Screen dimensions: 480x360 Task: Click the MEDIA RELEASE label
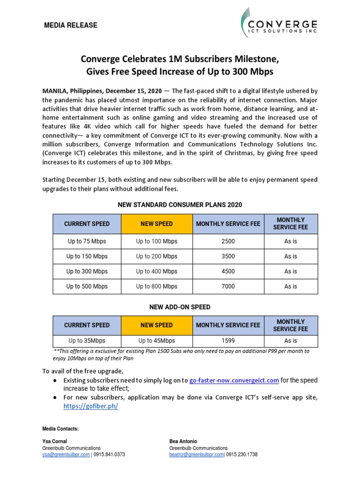coord(70,25)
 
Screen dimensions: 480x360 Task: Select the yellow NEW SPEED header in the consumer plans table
coord(157,224)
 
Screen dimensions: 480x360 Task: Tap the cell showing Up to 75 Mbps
coord(87,241)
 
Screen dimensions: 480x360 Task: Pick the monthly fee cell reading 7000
coord(228,286)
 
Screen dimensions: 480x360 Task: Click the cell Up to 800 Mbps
coord(157,286)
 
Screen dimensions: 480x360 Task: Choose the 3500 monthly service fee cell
coord(228,256)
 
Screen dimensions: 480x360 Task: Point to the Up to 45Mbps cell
coord(157,341)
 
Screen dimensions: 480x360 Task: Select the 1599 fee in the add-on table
coord(228,341)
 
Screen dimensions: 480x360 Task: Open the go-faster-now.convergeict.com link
coord(234,381)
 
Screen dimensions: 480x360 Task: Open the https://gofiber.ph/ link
coord(91,406)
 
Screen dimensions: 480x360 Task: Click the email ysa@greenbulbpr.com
coord(66,455)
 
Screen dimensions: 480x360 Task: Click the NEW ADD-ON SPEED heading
coord(180,307)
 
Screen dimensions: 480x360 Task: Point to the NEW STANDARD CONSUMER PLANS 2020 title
coord(180,205)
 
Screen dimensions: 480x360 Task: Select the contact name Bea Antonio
coord(183,442)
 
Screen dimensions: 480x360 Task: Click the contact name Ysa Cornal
coord(54,442)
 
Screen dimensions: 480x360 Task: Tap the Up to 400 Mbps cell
coord(157,271)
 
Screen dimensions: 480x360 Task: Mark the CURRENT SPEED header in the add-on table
coord(87,325)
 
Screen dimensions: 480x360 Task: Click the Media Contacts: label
coord(60,429)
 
